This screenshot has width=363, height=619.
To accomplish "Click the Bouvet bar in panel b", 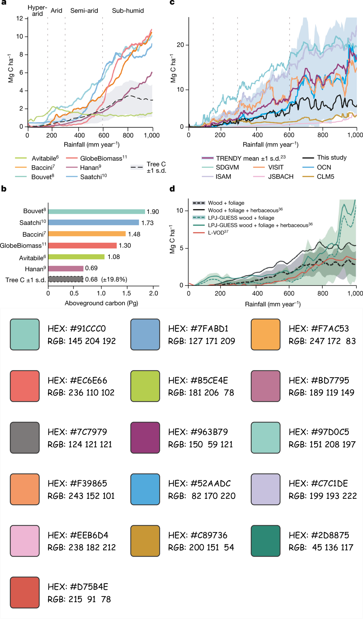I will [96, 212].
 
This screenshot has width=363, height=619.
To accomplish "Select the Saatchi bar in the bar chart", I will [93, 223].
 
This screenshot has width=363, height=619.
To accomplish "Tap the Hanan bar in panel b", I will [66, 268].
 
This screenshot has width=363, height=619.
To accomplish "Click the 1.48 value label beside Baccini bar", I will [134, 234].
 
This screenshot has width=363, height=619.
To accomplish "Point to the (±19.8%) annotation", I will [114, 280].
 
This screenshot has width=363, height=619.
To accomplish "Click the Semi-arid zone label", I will [84, 11].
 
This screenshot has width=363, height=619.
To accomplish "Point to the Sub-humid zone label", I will [128, 11].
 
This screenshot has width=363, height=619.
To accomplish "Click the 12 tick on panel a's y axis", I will [19, 18].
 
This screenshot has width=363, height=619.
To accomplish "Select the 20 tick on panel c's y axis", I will [180, 45].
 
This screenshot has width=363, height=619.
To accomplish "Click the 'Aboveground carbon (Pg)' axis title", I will [101, 303].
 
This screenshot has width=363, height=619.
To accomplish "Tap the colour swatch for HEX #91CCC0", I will [25, 334].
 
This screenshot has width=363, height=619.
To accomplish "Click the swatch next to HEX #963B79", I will [145, 438].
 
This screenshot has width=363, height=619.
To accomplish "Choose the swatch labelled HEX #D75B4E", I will [25, 593].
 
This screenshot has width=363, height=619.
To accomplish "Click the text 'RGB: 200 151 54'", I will [201, 548].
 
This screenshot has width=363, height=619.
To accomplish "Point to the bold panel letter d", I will [172, 189].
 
